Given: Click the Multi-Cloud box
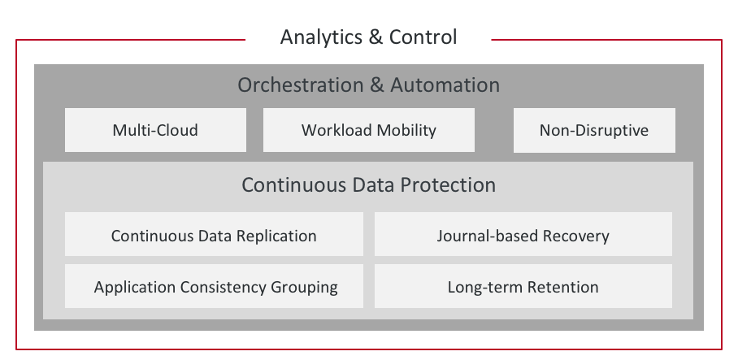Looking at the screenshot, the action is coord(155,130).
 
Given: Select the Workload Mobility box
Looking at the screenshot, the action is coord(368,130).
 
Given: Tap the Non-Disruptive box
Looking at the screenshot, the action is coord(594,130).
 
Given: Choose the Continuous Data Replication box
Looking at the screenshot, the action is coord(214,234).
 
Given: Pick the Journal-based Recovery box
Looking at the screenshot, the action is coord(523,234).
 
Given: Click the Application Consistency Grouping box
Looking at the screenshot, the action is coord(214,286).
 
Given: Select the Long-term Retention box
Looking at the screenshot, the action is coord(523,286).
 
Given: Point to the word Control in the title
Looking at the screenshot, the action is coord(423,37).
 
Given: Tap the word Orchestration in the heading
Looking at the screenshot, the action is coord(300,85).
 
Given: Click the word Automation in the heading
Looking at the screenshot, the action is coord(445,85).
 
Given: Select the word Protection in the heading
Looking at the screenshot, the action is coord(448,185).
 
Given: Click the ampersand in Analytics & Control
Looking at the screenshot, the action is coord(376,37).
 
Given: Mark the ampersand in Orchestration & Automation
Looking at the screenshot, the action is coord(376,85).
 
